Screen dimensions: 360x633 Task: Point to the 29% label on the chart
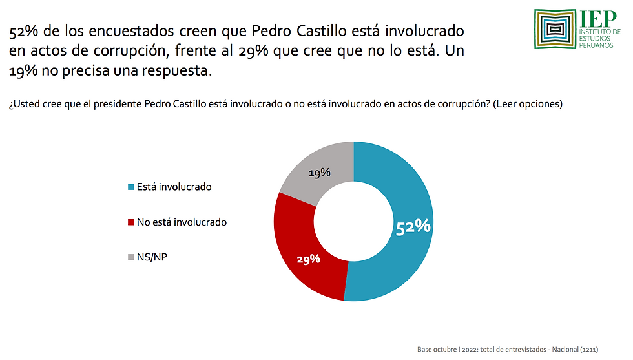pos(309,259)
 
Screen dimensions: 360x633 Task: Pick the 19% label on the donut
pos(320,173)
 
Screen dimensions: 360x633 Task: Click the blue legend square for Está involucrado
pos(131,187)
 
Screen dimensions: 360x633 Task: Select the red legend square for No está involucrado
pos(131,222)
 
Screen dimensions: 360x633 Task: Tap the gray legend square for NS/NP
pos(131,257)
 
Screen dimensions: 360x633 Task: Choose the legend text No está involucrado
pos(182,222)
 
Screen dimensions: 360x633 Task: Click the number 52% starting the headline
pos(23,31)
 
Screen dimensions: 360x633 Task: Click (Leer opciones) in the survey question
pos(527,104)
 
